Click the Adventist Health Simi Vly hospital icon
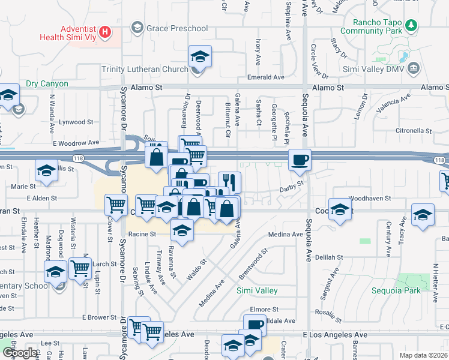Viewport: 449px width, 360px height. [105, 32]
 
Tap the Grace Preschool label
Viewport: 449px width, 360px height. [178, 28]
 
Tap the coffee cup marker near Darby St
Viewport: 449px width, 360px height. [300, 160]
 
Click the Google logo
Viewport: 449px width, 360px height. [20, 353]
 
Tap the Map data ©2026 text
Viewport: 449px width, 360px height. [424, 355]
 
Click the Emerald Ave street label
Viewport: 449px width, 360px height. [266, 77]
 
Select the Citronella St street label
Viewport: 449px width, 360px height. [413, 130]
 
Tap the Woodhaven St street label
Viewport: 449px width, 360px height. [370, 197]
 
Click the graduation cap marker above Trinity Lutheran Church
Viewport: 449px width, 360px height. [200, 56]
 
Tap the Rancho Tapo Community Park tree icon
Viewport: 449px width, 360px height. [411, 26]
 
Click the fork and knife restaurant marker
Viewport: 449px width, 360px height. [229, 181]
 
